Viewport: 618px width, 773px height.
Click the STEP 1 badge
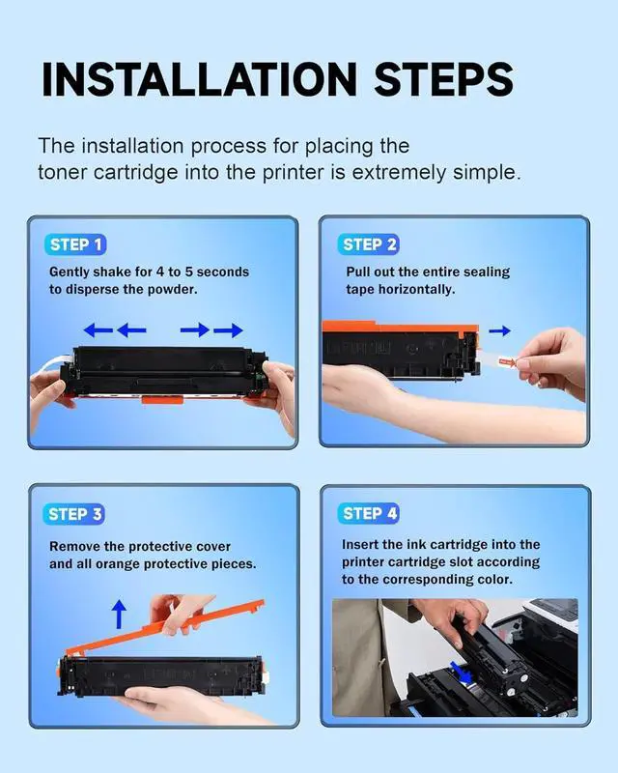[x=75, y=244]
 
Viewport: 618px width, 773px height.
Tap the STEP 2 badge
[x=368, y=244]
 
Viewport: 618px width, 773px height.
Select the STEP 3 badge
[x=74, y=514]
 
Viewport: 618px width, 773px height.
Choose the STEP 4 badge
[x=368, y=513]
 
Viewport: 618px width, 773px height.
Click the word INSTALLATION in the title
[x=200, y=79]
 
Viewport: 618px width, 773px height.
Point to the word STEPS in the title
[x=443, y=79]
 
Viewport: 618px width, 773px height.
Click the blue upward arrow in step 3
[x=119, y=614]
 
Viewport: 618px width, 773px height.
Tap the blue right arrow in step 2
[x=499, y=330]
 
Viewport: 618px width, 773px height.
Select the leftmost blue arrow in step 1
[x=98, y=329]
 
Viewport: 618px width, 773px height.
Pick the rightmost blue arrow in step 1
[x=228, y=329]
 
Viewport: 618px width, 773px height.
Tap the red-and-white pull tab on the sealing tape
[x=506, y=361]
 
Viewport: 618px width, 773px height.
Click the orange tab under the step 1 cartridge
[x=162, y=398]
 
